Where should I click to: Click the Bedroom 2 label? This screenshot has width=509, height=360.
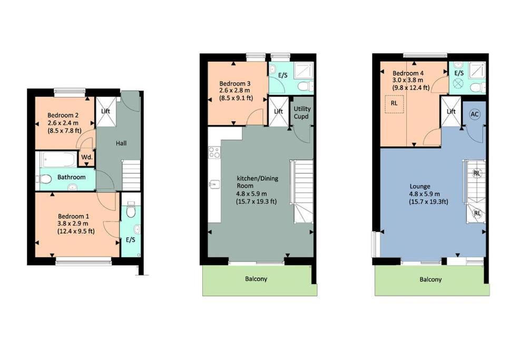click(63, 115)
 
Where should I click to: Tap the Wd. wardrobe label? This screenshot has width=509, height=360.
click(86, 157)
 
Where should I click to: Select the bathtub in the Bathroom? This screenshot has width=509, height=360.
click(58, 160)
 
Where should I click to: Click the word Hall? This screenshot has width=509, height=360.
click(121, 143)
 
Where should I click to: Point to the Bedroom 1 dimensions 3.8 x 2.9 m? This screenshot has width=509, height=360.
click(73, 223)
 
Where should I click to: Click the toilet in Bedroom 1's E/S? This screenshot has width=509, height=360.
click(131, 210)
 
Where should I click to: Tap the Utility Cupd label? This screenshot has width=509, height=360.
click(302, 112)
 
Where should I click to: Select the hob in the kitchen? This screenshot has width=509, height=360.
click(214, 152)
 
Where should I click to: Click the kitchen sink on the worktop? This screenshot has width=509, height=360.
click(214, 184)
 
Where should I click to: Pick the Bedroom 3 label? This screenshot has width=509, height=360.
click(234, 84)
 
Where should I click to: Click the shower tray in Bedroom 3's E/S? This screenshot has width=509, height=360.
click(304, 71)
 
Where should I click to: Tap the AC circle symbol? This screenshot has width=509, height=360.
click(474, 114)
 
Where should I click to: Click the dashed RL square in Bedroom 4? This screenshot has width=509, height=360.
click(394, 104)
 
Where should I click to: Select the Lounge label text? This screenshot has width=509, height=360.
click(420, 187)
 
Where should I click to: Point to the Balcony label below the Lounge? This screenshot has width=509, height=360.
click(430, 279)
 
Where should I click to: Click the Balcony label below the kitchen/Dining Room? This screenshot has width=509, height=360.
click(256, 279)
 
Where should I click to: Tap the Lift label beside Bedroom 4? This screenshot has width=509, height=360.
click(451, 111)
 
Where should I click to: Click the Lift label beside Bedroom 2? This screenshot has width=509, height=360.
click(105, 111)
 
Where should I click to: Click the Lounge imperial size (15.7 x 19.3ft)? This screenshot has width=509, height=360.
click(428, 202)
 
